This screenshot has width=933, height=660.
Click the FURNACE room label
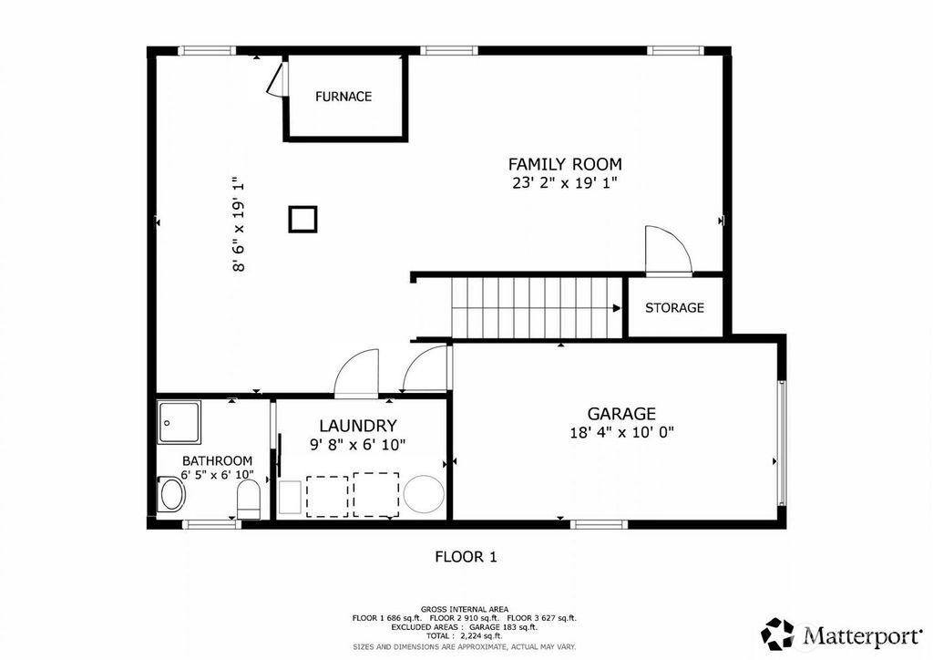point(343,97)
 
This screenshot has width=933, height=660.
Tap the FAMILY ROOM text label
point(565,164)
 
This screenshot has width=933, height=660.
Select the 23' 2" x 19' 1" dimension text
point(565,182)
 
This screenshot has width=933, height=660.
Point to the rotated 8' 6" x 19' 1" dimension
point(239,223)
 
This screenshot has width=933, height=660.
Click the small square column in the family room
point(302,219)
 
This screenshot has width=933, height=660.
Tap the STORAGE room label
point(674,308)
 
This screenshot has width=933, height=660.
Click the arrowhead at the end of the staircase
point(617,308)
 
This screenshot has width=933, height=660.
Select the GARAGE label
point(621,414)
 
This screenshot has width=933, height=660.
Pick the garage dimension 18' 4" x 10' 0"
point(621,432)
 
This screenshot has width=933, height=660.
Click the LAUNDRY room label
point(357,426)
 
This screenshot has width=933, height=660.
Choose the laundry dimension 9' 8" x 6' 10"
point(357,445)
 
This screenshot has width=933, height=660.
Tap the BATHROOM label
point(217,460)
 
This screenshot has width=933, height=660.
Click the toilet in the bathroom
point(249,499)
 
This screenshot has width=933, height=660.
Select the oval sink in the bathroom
point(172,495)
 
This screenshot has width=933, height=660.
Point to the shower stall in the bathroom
point(179,422)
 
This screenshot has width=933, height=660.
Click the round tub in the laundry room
point(424,493)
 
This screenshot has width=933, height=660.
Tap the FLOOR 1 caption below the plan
point(466,557)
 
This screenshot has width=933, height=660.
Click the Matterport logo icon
point(777,634)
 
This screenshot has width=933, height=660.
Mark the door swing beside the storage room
point(669,250)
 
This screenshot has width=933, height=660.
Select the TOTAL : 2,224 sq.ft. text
point(465,636)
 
